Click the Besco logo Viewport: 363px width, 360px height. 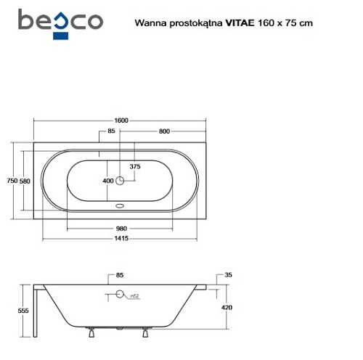point(60,24)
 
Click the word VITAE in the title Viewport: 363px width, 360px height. point(240,23)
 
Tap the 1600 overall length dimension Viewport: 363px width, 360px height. point(121,120)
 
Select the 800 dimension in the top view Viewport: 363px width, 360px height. point(164,131)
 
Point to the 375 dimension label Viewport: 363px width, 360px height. point(135,166)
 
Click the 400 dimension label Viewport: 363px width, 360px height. point(108,181)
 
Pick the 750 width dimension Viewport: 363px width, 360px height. point(12,181)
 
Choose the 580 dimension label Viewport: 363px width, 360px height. point(25,181)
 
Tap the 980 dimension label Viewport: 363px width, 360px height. point(121,229)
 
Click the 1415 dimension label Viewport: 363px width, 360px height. point(121,238)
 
